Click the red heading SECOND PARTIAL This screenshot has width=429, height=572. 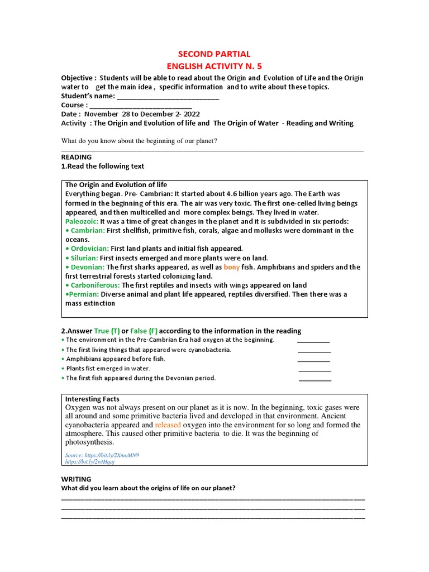214,54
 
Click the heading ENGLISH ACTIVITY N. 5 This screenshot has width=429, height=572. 214,66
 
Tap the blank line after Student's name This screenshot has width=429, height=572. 168,97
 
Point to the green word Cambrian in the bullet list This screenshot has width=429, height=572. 88,230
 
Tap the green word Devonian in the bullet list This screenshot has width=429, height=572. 88,267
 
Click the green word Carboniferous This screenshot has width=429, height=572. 96,285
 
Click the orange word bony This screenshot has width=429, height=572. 232,267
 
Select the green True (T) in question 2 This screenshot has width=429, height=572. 107,331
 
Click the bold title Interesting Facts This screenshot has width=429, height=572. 92,399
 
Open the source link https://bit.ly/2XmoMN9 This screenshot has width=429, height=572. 102,455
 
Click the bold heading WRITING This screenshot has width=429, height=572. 76,479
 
